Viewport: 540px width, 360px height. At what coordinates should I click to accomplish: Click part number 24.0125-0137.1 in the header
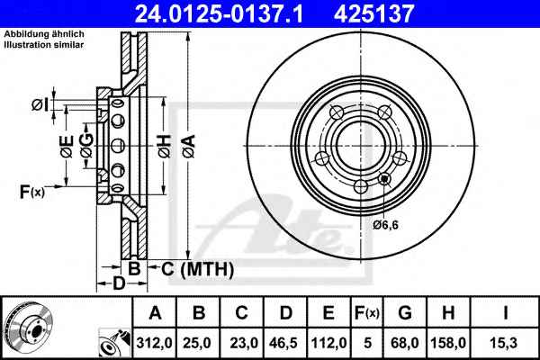(x=219, y=13)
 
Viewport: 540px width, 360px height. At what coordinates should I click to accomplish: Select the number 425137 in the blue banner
(x=373, y=13)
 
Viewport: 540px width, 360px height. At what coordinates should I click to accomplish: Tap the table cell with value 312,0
(x=154, y=343)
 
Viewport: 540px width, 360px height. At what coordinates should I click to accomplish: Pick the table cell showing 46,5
(x=284, y=343)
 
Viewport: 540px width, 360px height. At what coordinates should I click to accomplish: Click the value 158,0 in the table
(x=448, y=343)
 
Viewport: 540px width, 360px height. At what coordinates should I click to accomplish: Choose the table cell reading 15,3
(x=505, y=343)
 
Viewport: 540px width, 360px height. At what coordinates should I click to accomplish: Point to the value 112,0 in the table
(x=328, y=343)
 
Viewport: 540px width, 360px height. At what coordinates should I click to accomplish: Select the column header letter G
(x=405, y=313)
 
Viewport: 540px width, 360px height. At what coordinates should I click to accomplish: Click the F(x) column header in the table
(x=367, y=313)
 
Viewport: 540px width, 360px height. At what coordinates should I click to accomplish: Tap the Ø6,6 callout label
(x=385, y=225)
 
